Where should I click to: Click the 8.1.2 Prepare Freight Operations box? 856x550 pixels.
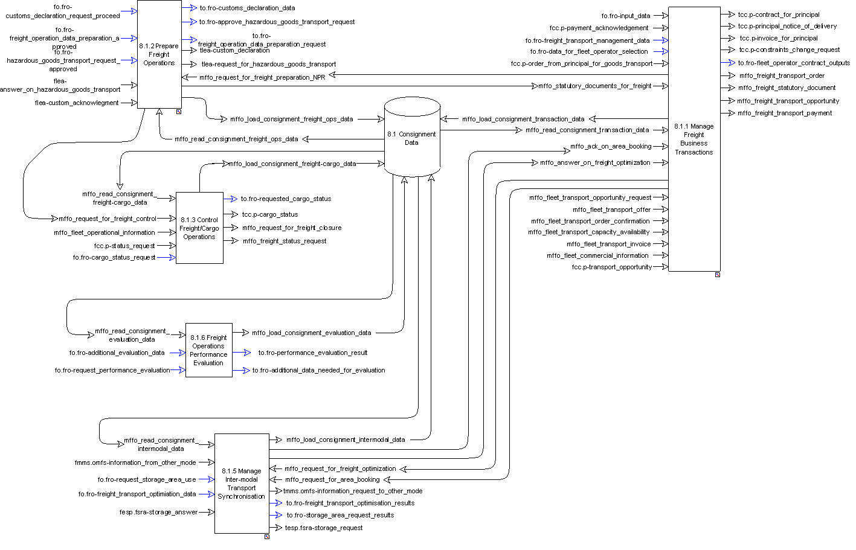(159, 54)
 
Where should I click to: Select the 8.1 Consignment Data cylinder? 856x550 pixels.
(412, 138)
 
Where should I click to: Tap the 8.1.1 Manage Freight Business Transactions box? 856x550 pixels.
(694, 139)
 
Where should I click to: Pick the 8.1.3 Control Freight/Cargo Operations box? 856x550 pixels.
(199, 228)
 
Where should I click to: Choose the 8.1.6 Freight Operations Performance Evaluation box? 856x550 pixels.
(208, 350)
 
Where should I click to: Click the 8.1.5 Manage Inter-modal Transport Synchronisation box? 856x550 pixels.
(242, 484)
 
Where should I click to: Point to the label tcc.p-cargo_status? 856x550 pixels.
(270, 214)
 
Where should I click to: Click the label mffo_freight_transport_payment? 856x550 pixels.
(785, 113)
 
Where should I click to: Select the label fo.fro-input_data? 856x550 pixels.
(626, 16)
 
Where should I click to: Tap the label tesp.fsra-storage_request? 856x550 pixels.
(324, 528)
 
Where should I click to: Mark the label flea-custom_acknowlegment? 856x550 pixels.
(77, 103)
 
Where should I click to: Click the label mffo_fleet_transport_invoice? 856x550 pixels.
(609, 244)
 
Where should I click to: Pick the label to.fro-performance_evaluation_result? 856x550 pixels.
(313, 353)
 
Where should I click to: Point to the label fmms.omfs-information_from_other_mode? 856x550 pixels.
(135, 462)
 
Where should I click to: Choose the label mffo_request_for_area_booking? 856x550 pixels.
(332, 479)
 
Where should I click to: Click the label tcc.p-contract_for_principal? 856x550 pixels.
(779, 14)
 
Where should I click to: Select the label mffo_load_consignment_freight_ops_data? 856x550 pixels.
(292, 119)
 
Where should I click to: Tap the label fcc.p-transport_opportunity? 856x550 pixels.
(612, 267)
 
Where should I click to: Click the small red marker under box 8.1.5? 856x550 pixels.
(267, 537)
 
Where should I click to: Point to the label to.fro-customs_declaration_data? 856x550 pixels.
(248, 8)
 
